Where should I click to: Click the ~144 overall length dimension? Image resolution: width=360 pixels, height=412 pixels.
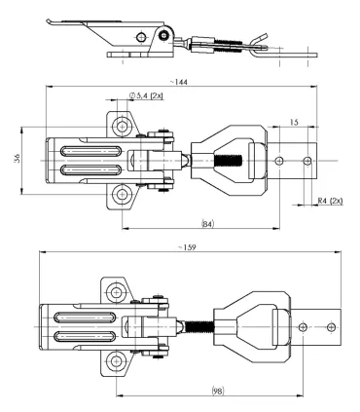179,82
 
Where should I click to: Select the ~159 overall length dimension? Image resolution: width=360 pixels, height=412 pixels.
187,247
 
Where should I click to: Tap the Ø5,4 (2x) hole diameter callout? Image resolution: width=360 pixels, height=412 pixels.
146,95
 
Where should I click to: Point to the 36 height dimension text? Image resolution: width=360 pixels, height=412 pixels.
18,159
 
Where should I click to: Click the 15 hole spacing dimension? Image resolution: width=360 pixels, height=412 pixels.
294,123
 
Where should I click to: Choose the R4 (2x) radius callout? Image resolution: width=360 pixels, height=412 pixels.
330,201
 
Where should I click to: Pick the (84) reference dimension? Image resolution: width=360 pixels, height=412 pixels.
208,224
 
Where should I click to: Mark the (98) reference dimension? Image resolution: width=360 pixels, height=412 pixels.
218,391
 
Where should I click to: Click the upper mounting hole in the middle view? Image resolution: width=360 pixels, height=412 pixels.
122,127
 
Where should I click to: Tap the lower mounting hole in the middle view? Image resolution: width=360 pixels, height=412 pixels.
122,195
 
